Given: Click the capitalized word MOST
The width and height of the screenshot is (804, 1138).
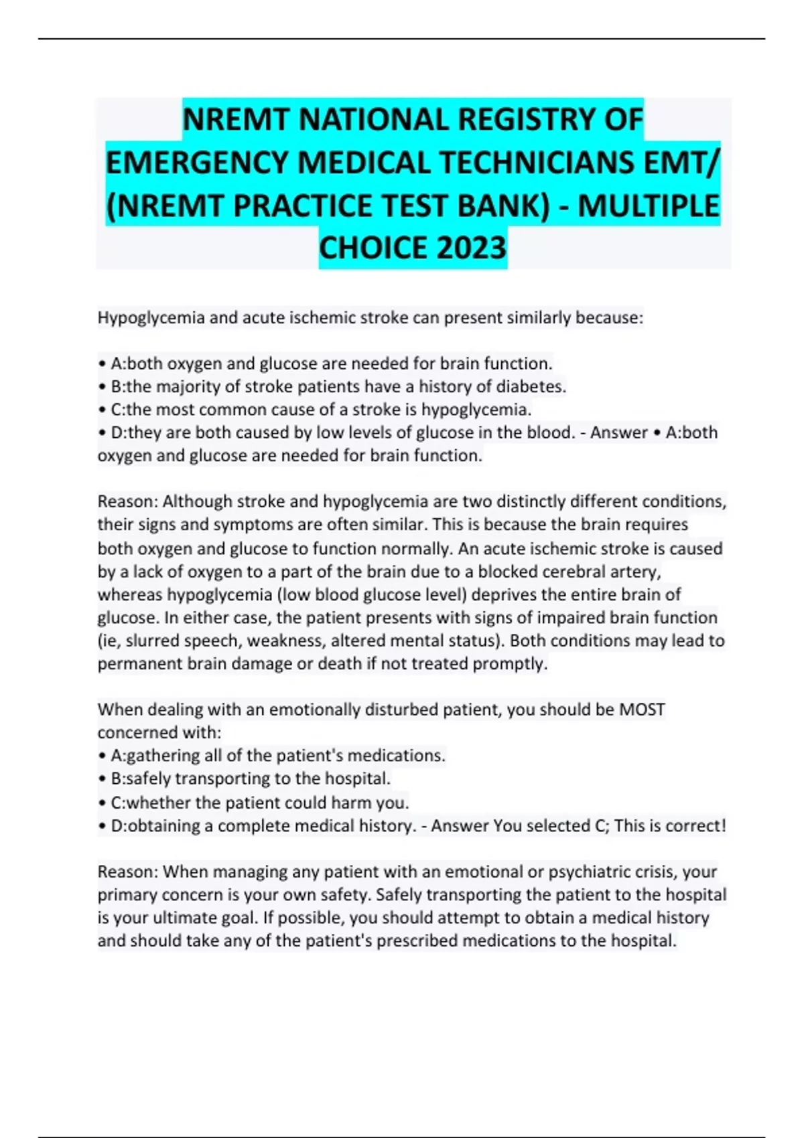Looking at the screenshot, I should pos(642,710).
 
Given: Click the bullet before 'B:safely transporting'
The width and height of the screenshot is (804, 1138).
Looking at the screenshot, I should pos(102,779).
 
